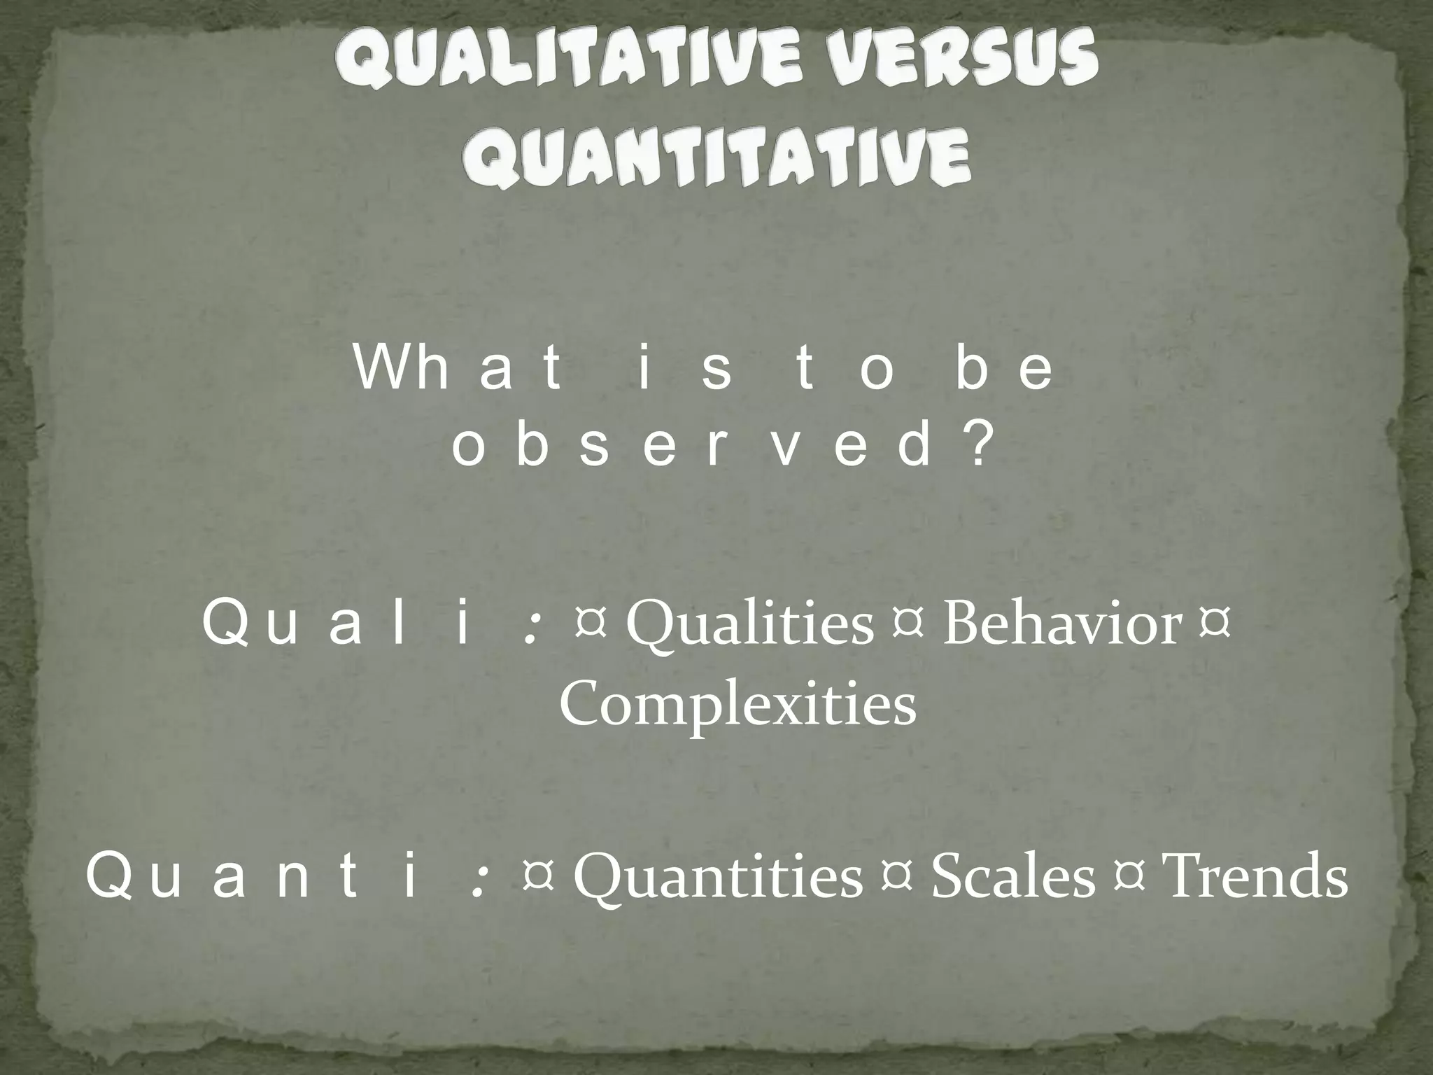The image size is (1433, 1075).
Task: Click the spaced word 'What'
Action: (x=458, y=370)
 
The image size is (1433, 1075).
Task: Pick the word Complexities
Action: (x=737, y=705)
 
